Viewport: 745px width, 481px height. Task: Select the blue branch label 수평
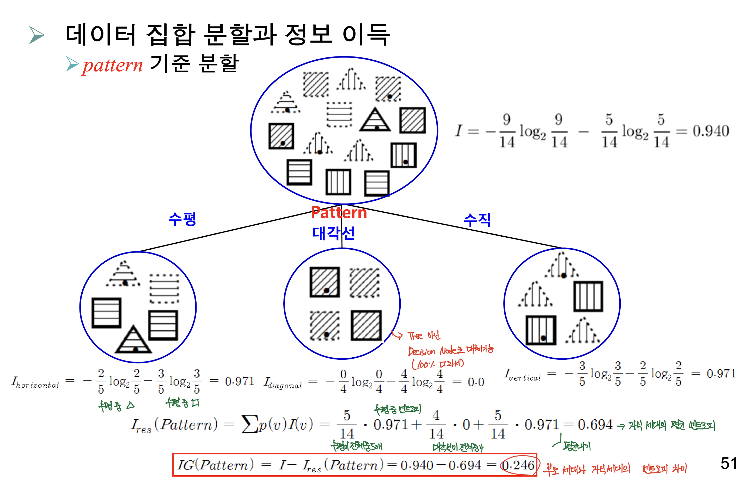182,219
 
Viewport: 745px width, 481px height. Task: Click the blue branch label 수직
477,220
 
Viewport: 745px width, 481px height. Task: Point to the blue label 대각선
333,233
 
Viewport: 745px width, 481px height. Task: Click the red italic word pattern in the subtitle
113,65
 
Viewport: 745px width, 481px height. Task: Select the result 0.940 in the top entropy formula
711,131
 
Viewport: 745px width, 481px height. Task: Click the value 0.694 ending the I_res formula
595,425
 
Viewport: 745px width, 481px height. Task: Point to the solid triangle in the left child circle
133,341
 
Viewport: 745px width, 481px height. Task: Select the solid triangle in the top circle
375,120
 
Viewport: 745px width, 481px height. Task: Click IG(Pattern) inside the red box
215,465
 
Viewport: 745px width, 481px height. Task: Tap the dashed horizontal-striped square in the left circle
164,288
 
